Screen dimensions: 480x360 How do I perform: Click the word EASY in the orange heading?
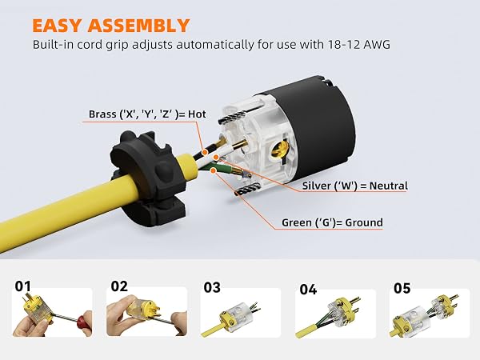58,26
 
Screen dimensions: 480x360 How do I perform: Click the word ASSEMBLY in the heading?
139,26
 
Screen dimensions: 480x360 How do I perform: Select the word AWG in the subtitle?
377,45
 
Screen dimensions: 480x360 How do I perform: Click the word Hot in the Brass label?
197,114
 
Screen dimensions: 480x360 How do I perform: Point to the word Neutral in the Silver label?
389,186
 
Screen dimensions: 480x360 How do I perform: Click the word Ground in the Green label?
364,222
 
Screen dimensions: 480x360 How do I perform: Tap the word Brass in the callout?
102,114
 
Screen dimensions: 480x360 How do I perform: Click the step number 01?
23,286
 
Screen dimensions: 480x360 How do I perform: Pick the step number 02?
119,286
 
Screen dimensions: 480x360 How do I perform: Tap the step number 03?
212,288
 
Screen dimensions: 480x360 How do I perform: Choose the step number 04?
308,290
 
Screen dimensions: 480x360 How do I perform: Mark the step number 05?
402,288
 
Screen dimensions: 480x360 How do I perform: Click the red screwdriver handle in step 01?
85,319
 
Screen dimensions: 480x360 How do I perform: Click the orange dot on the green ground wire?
214,170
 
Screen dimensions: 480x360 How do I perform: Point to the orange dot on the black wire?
204,152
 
